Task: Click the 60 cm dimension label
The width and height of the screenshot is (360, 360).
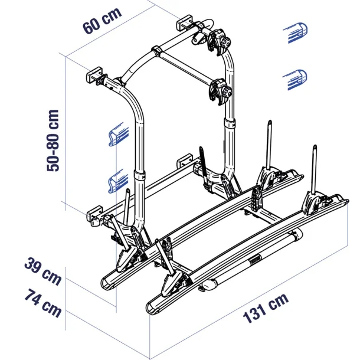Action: pos(102,21)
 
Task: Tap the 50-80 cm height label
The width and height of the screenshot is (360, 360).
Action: pos(53,140)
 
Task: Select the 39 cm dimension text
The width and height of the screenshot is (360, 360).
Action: pos(43,271)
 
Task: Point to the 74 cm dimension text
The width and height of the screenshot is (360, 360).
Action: pos(43,303)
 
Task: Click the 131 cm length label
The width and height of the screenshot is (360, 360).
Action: pos(266,308)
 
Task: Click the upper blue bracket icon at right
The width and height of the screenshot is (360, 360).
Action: pos(296,32)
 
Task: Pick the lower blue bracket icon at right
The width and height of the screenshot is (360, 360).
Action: pos(295,80)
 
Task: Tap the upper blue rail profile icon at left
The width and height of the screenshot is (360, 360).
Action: pos(119,135)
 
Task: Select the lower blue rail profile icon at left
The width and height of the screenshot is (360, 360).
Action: pos(119,181)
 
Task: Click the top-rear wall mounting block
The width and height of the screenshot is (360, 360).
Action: pos(184,22)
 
